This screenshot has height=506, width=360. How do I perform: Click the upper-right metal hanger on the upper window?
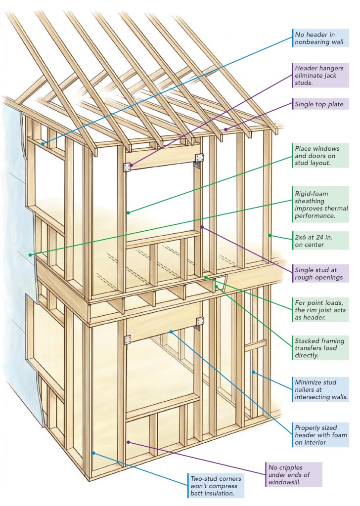pos(200,158)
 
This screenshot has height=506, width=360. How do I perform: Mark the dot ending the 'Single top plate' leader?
pos(225,129)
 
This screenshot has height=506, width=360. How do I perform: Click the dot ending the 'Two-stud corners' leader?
pos(93,452)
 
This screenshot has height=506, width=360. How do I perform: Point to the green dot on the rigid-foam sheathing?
pos(31,255)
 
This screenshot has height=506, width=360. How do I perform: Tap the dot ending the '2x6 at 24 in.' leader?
pos(270,235)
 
